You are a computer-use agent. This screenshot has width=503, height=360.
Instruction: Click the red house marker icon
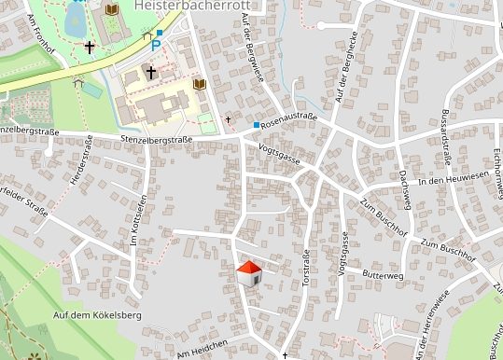point(249,273)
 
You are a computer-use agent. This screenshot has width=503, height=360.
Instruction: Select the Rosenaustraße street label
point(290,121)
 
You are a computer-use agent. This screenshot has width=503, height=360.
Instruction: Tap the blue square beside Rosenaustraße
point(256,124)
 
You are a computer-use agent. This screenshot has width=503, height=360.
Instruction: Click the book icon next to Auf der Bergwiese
point(199,84)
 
